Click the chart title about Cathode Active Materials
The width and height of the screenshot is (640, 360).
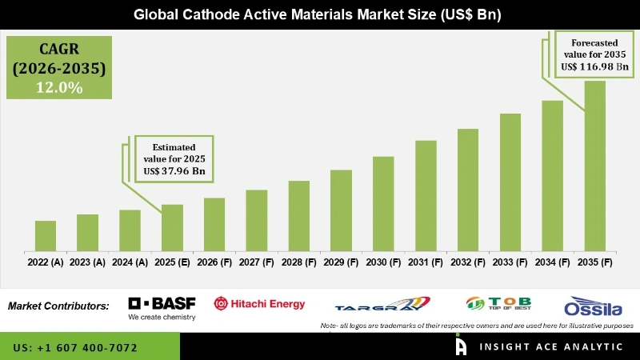(x=320, y=14)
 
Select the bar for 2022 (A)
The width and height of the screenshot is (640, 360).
(x=46, y=235)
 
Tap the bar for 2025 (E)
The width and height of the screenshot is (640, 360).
(x=172, y=227)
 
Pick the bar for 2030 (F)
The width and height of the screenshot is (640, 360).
(x=383, y=203)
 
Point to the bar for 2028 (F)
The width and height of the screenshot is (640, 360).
(x=298, y=215)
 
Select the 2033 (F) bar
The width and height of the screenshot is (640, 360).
(x=510, y=182)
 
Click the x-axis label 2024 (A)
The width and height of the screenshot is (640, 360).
(x=130, y=262)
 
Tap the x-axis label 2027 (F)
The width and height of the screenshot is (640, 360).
(x=256, y=262)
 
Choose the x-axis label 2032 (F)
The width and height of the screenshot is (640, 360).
(x=468, y=262)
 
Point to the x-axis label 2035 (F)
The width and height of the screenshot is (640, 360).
(x=594, y=262)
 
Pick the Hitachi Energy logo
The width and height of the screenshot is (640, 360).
(x=259, y=303)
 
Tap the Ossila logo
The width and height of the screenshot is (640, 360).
(x=594, y=307)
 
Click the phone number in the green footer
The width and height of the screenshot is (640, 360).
(x=75, y=348)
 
